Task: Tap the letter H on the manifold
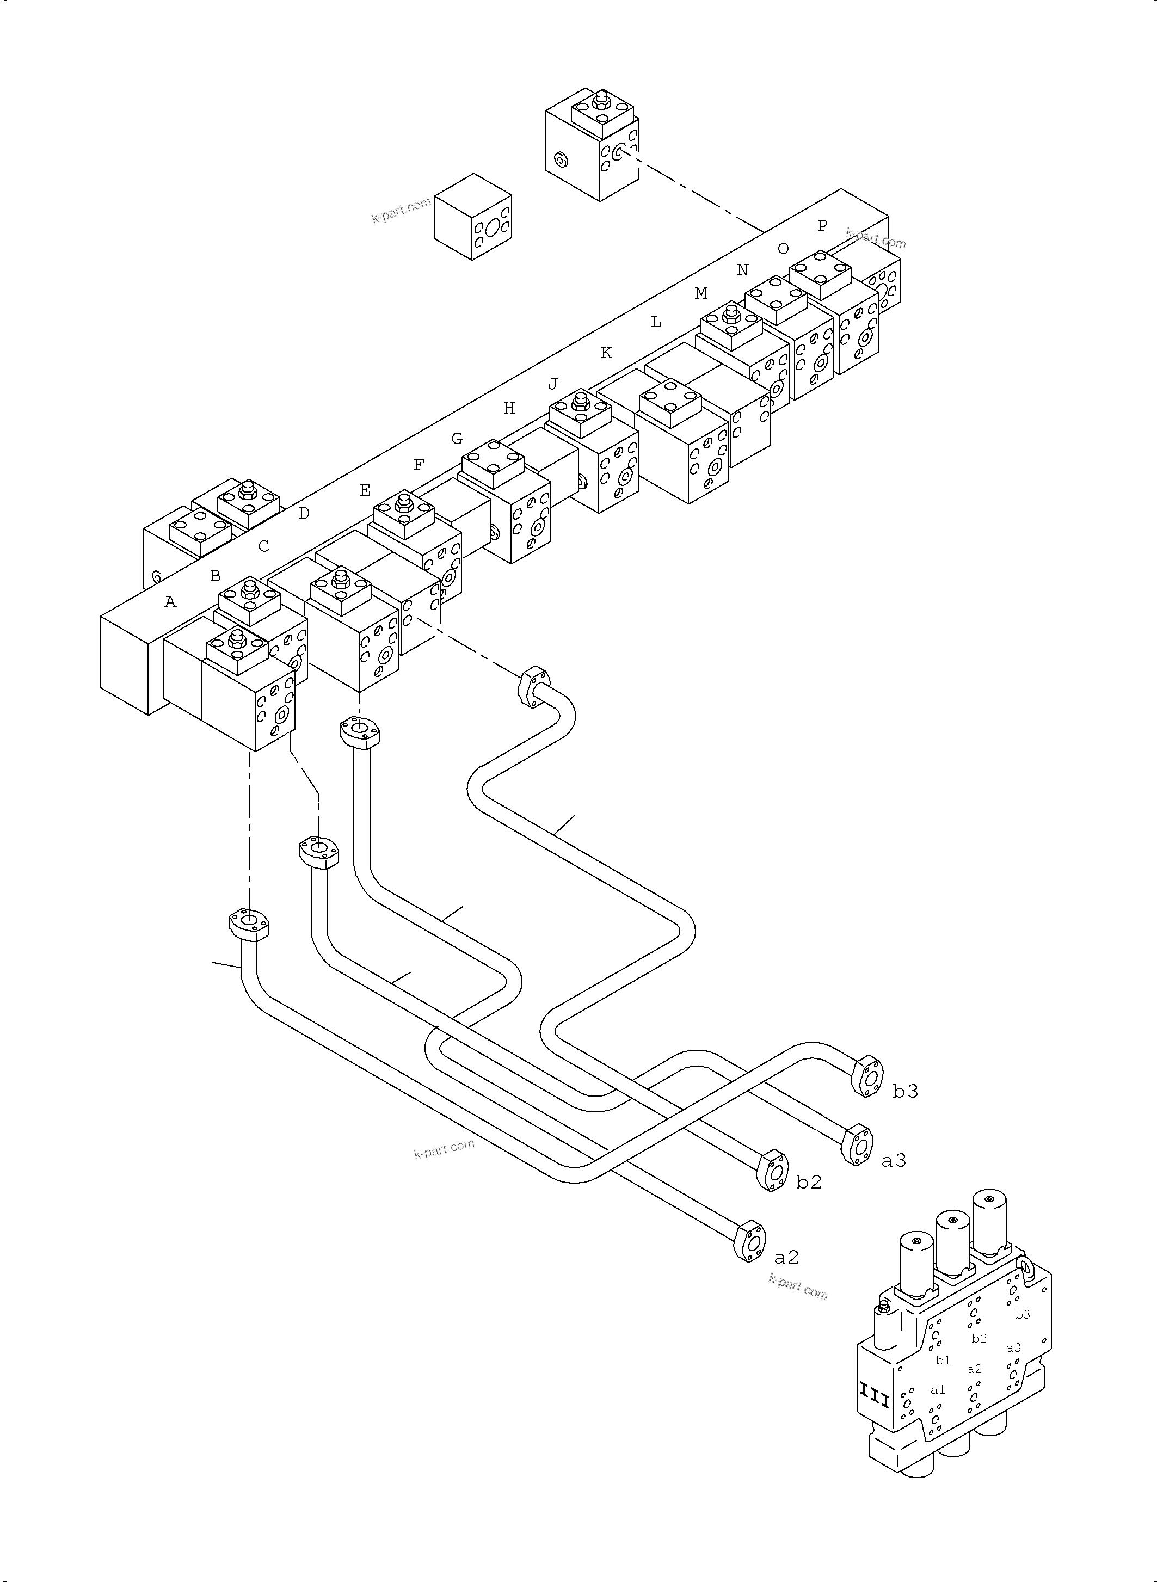click(509, 408)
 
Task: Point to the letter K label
click(606, 353)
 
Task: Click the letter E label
click(365, 490)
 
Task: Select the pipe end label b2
click(808, 1182)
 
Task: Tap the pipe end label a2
click(786, 1258)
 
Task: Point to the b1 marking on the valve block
click(943, 1361)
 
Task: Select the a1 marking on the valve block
click(937, 1390)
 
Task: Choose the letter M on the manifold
click(700, 294)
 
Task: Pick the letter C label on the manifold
click(263, 546)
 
